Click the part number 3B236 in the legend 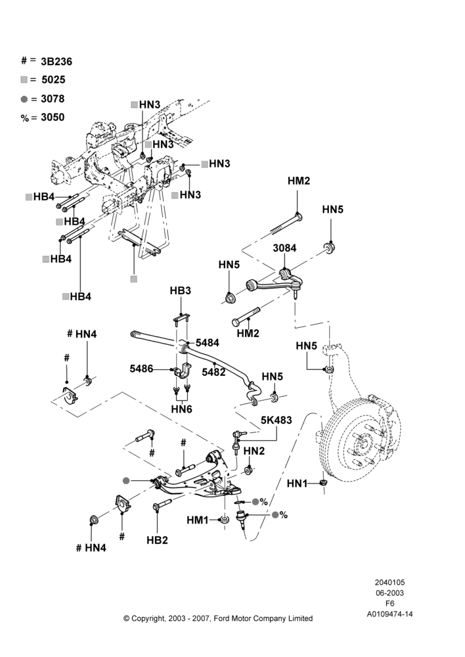[56, 62]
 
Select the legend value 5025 [53, 79]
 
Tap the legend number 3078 [53, 99]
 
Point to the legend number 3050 [53, 118]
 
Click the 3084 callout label [284, 248]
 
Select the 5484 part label [208, 343]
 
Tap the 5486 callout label [141, 369]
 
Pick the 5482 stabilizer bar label [213, 372]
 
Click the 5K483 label [277, 420]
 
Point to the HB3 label [181, 290]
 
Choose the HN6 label [181, 409]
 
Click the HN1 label [297, 484]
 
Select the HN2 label [254, 451]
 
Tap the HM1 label [197, 520]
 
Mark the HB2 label [157, 541]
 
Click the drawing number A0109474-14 [389, 614]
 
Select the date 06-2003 [389, 593]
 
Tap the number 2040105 [389, 582]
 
